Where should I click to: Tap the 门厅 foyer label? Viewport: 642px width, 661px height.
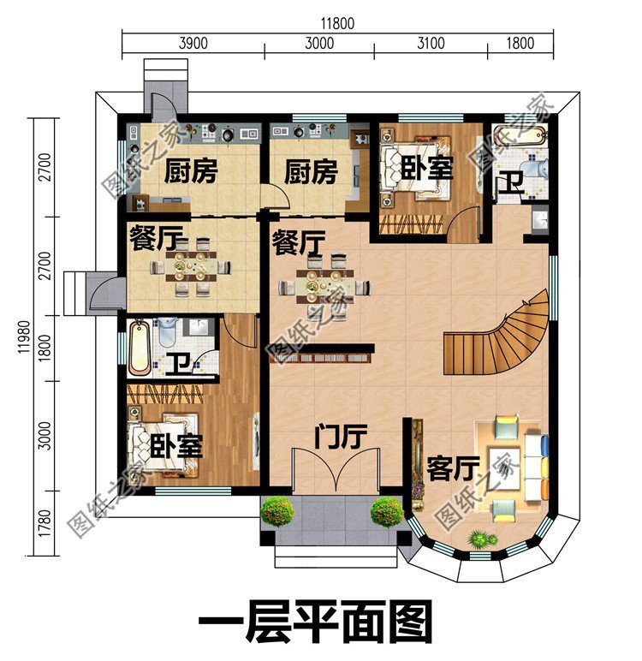point(340,438)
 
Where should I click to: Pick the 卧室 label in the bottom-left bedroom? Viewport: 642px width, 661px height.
point(176,445)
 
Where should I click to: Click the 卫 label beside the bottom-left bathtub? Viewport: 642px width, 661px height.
point(177,365)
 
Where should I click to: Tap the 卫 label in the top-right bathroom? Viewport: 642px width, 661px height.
point(510,183)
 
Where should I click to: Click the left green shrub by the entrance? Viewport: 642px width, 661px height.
point(277,512)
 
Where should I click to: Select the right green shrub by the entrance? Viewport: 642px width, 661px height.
point(387,512)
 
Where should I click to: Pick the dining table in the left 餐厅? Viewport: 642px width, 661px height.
point(191,267)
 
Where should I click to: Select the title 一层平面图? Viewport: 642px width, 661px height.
point(315,622)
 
